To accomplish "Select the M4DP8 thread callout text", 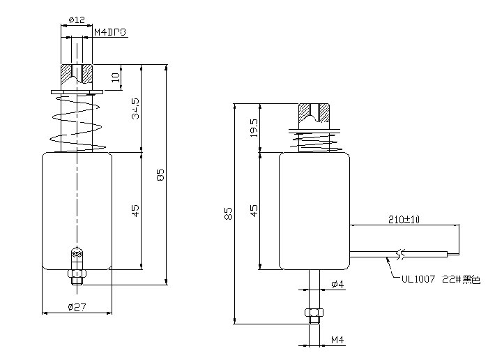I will point(110,32).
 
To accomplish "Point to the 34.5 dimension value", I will point(136,110).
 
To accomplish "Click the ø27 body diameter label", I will point(77,306).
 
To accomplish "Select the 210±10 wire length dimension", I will point(404,219).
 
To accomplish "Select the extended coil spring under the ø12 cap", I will point(77,122).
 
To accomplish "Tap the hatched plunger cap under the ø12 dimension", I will point(77,74).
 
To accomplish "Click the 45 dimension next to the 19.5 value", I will point(254,209).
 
